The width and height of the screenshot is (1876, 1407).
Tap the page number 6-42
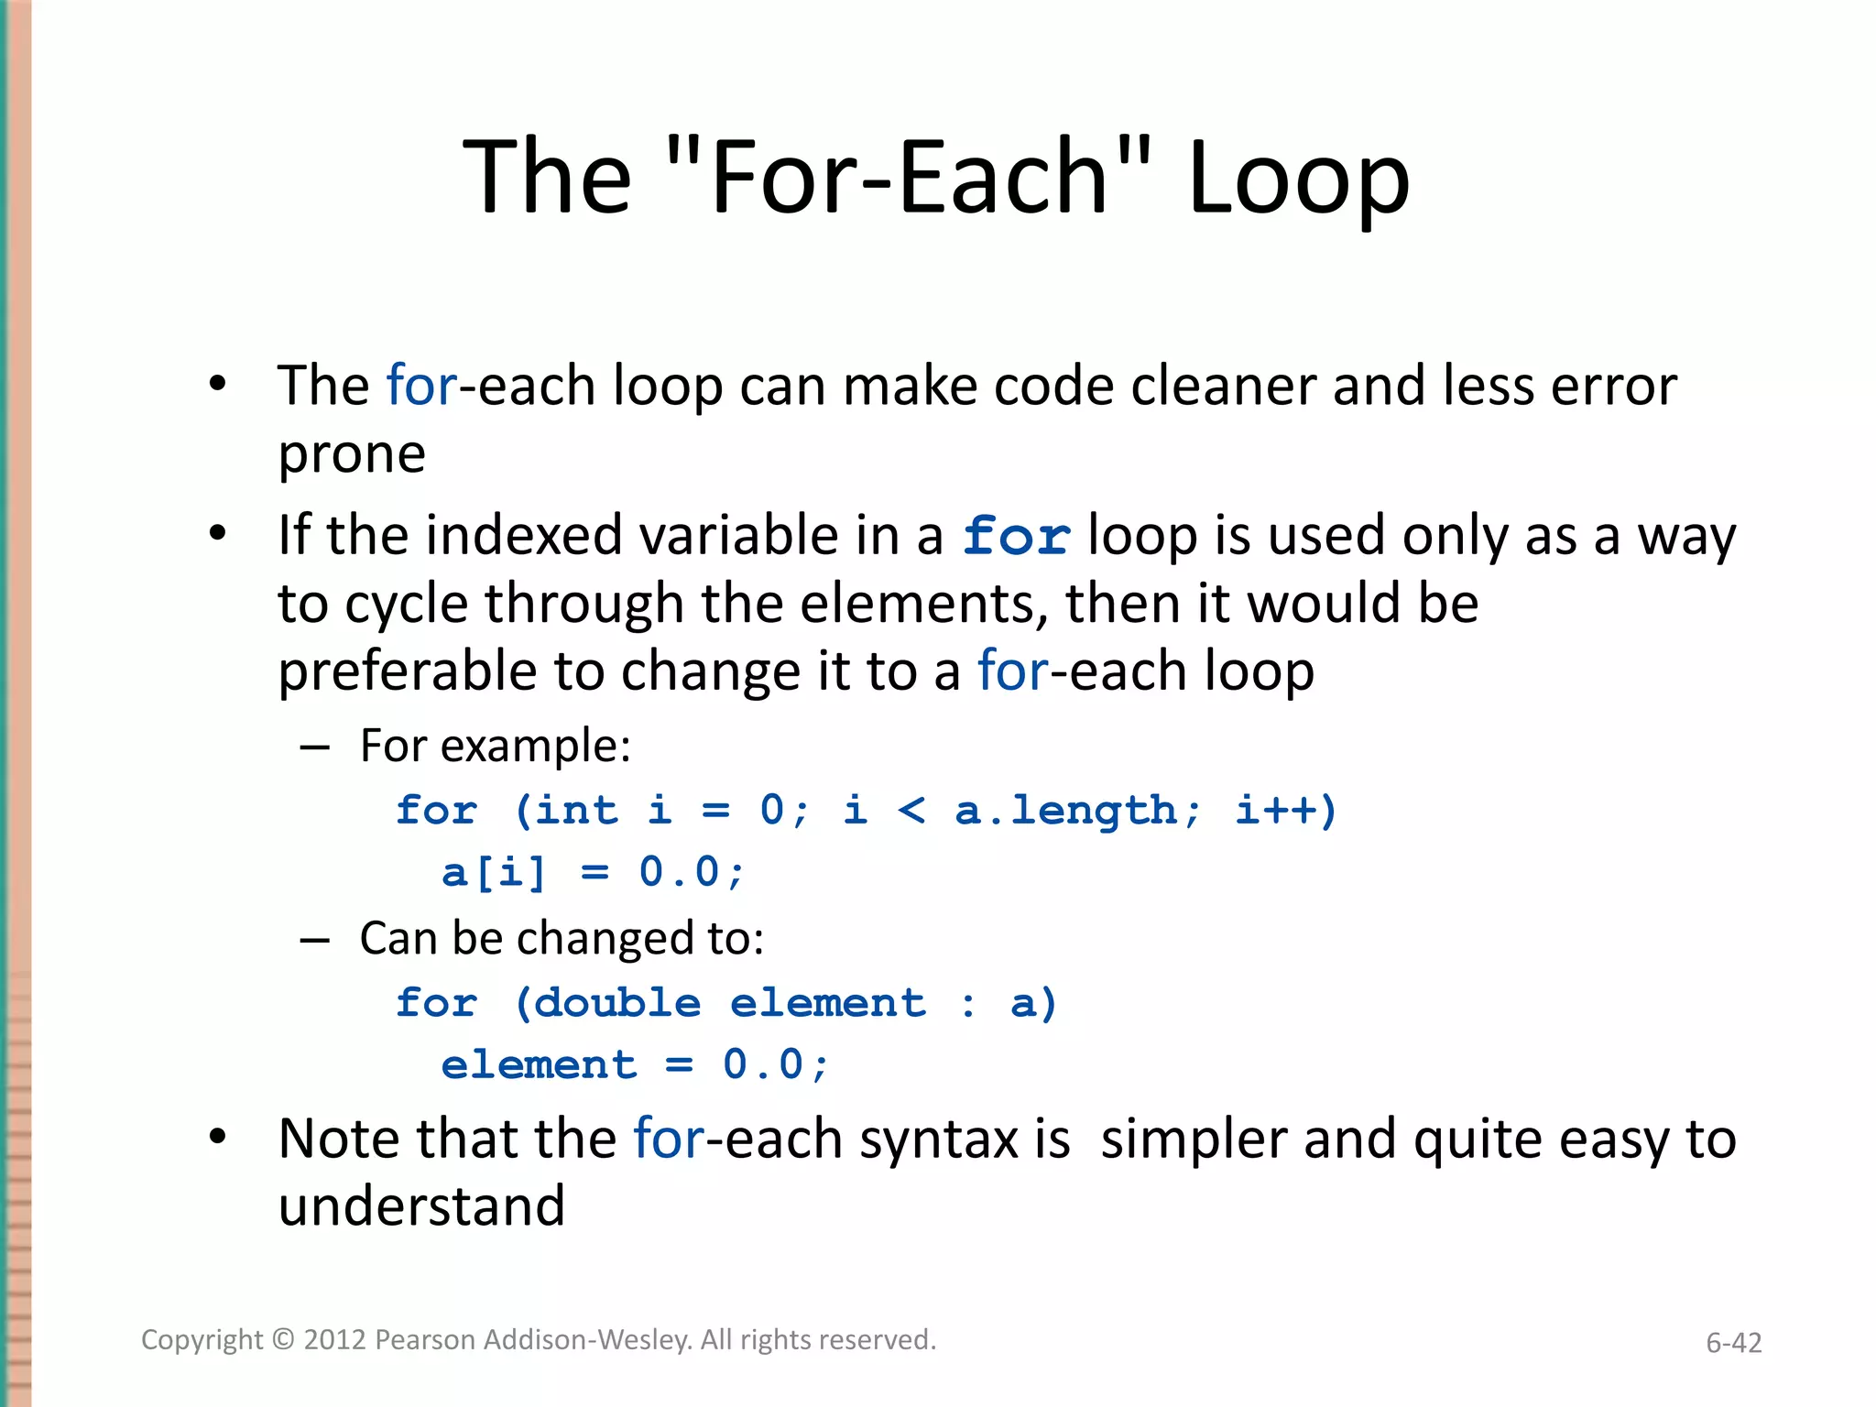coord(1733,1343)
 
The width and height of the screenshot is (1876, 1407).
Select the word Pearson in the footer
coord(426,1340)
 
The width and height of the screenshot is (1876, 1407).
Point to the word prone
coord(352,453)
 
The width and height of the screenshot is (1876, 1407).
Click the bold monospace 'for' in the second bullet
coord(1016,536)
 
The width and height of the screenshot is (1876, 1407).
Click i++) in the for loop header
coord(1286,811)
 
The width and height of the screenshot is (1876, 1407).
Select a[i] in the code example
coord(494,872)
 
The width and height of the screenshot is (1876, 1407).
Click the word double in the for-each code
coord(616,1003)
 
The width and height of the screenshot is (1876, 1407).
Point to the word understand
coord(421,1206)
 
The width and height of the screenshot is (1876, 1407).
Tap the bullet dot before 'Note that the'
coord(217,1138)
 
